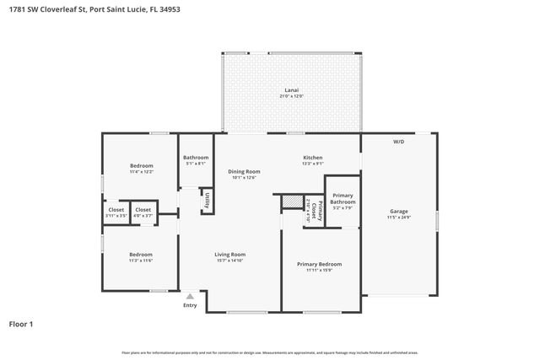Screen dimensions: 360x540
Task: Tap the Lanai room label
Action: click(x=291, y=93)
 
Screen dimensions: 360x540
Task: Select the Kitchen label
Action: click(x=313, y=160)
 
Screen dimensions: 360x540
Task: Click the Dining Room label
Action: click(x=244, y=174)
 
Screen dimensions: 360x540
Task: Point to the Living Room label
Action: click(x=229, y=257)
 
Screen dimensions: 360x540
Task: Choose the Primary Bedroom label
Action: click(x=320, y=267)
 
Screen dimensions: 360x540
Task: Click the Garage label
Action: click(x=398, y=213)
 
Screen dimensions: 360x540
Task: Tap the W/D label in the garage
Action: click(x=398, y=142)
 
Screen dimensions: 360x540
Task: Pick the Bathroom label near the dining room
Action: click(x=196, y=160)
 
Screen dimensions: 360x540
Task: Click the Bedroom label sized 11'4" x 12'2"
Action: click(x=141, y=169)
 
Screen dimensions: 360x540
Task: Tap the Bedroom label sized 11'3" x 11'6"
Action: click(x=140, y=257)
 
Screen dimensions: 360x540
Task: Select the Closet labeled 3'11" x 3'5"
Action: click(x=116, y=212)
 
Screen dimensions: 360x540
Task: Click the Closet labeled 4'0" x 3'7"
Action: click(x=143, y=212)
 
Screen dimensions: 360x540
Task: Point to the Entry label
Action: click(x=190, y=305)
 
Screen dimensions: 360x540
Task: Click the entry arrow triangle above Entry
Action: click(x=190, y=296)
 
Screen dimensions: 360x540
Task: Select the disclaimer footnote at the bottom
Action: click(x=269, y=352)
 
